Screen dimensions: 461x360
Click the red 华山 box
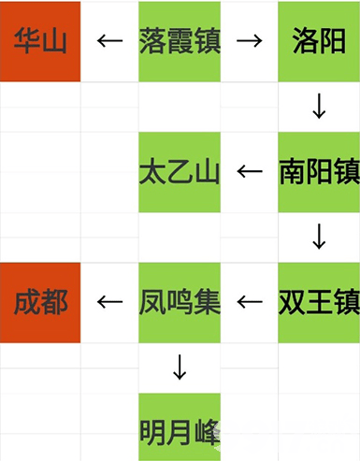41,41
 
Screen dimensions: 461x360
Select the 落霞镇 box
180,41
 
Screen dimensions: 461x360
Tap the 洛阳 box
319,41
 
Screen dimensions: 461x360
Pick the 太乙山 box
180,171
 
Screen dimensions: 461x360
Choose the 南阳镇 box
319,171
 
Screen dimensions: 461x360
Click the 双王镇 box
319,302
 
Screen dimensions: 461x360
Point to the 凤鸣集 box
180,302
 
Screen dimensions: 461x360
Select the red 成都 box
41,302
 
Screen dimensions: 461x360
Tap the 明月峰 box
180,432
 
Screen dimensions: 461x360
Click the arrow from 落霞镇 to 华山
110,42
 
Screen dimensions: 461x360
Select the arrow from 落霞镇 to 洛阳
249,42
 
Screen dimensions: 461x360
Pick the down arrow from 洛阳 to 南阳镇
319,107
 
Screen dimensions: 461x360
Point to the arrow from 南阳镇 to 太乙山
249,172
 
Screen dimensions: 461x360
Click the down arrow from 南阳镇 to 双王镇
319,237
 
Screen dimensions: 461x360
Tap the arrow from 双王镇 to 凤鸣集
249,302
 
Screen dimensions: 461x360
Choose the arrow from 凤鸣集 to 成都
110,302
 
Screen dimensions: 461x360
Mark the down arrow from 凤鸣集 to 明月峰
180,367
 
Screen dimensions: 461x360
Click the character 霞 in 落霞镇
180,41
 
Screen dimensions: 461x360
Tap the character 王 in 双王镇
319,302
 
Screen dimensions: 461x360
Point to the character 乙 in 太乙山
180,171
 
